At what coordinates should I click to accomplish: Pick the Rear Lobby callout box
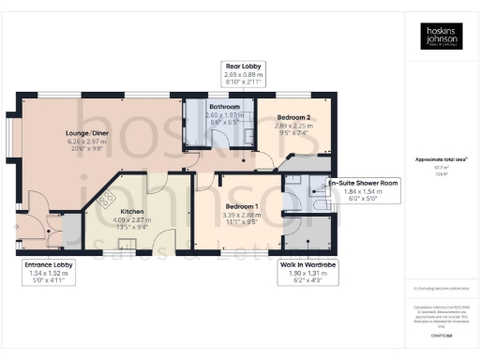tap(244, 72)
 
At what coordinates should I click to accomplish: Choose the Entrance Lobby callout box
tap(48, 272)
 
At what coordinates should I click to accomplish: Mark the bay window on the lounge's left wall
tap(13, 141)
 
